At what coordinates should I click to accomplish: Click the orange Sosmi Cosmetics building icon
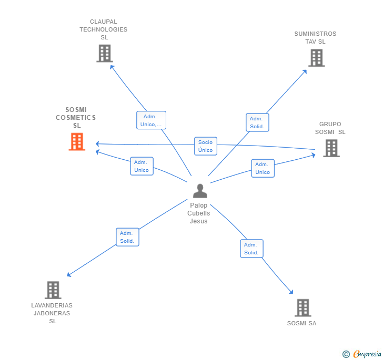pyautogui.click(x=77, y=141)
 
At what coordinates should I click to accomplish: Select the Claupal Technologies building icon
pyautogui.click(x=104, y=53)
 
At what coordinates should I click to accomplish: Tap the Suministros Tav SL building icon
pyautogui.click(x=316, y=58)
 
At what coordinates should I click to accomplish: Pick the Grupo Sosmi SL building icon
pyautogui.click(x=331, y=148)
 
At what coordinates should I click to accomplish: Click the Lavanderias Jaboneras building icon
pyautogui.click(x=53, y=290)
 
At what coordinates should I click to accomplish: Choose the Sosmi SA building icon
pyautogui.click(x=303, y=307)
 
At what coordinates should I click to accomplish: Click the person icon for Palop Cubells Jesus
pyautogui.click(x=200, y=190)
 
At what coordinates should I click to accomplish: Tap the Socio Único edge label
pyautogui.click(x=205, y=146)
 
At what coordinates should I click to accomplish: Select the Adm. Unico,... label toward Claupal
pyautogui.click(x=151, y=120)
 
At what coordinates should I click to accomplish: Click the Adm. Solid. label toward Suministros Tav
pyautogui.click(x=257, y=122)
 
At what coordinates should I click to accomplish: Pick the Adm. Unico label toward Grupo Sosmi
pyautogui.click(x=263, y=168)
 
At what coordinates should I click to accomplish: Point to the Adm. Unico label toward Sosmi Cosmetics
pyautogui.click(x=142, y=166)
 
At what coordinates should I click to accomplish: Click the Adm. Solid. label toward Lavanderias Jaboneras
pyautogui.click(x=127, y=237)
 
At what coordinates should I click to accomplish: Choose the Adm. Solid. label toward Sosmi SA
pyautogui.click(x=251, y=249)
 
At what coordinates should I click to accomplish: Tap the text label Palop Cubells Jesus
pyautogui.click(x=199, y=213)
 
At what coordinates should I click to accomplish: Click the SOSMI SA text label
pyautogui.click(x=301, y=323)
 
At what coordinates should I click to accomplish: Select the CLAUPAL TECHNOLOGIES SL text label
pyautogui.click(x=104, y=29)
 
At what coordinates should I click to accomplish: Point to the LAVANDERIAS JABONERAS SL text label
pyautogui.click(x=52, y=313)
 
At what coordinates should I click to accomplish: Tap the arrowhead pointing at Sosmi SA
pyautogui.click(x=291, y=292)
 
